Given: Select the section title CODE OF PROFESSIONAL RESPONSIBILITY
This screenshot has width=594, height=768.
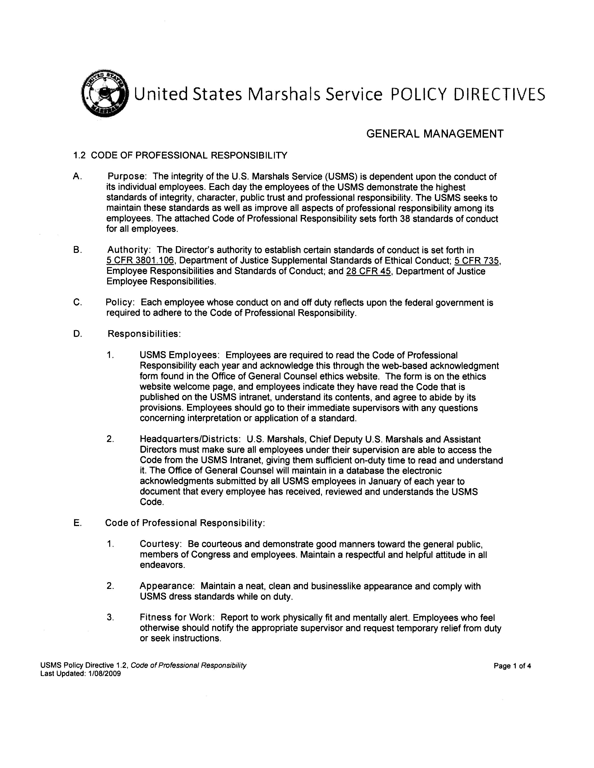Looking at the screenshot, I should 189,155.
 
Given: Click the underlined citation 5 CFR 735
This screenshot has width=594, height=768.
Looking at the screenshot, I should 477,261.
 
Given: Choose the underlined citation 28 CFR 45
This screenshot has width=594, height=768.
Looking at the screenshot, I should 369,271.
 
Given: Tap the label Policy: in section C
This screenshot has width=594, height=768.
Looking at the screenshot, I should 120,302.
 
